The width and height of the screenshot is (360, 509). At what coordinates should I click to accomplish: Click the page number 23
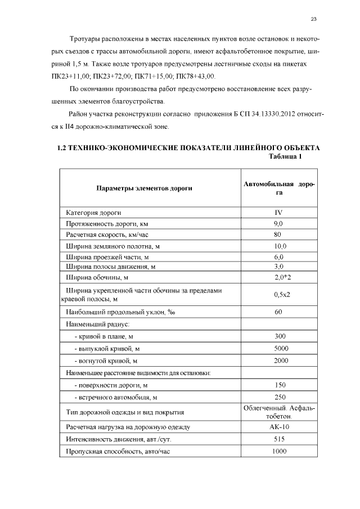pyautogui.click(x=314, y=19)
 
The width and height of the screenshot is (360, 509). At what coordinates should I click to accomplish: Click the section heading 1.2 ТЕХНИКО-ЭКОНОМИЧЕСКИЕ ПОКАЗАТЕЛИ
pyautogui.click(x=189, y=148)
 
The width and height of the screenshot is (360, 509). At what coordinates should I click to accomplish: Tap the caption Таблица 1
pyautogui.click(x=286, y=156)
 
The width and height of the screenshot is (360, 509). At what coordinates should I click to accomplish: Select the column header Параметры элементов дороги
pyautogui.click(x=144, y=188)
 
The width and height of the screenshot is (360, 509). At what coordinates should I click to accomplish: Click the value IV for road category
pyautogui.click(x=278, y=213)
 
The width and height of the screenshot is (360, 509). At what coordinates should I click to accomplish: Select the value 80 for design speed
pyautogui.click(x=278, y=235)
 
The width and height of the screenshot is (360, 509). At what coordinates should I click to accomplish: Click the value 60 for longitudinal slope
pyautogui.click(x=278, y=312)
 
